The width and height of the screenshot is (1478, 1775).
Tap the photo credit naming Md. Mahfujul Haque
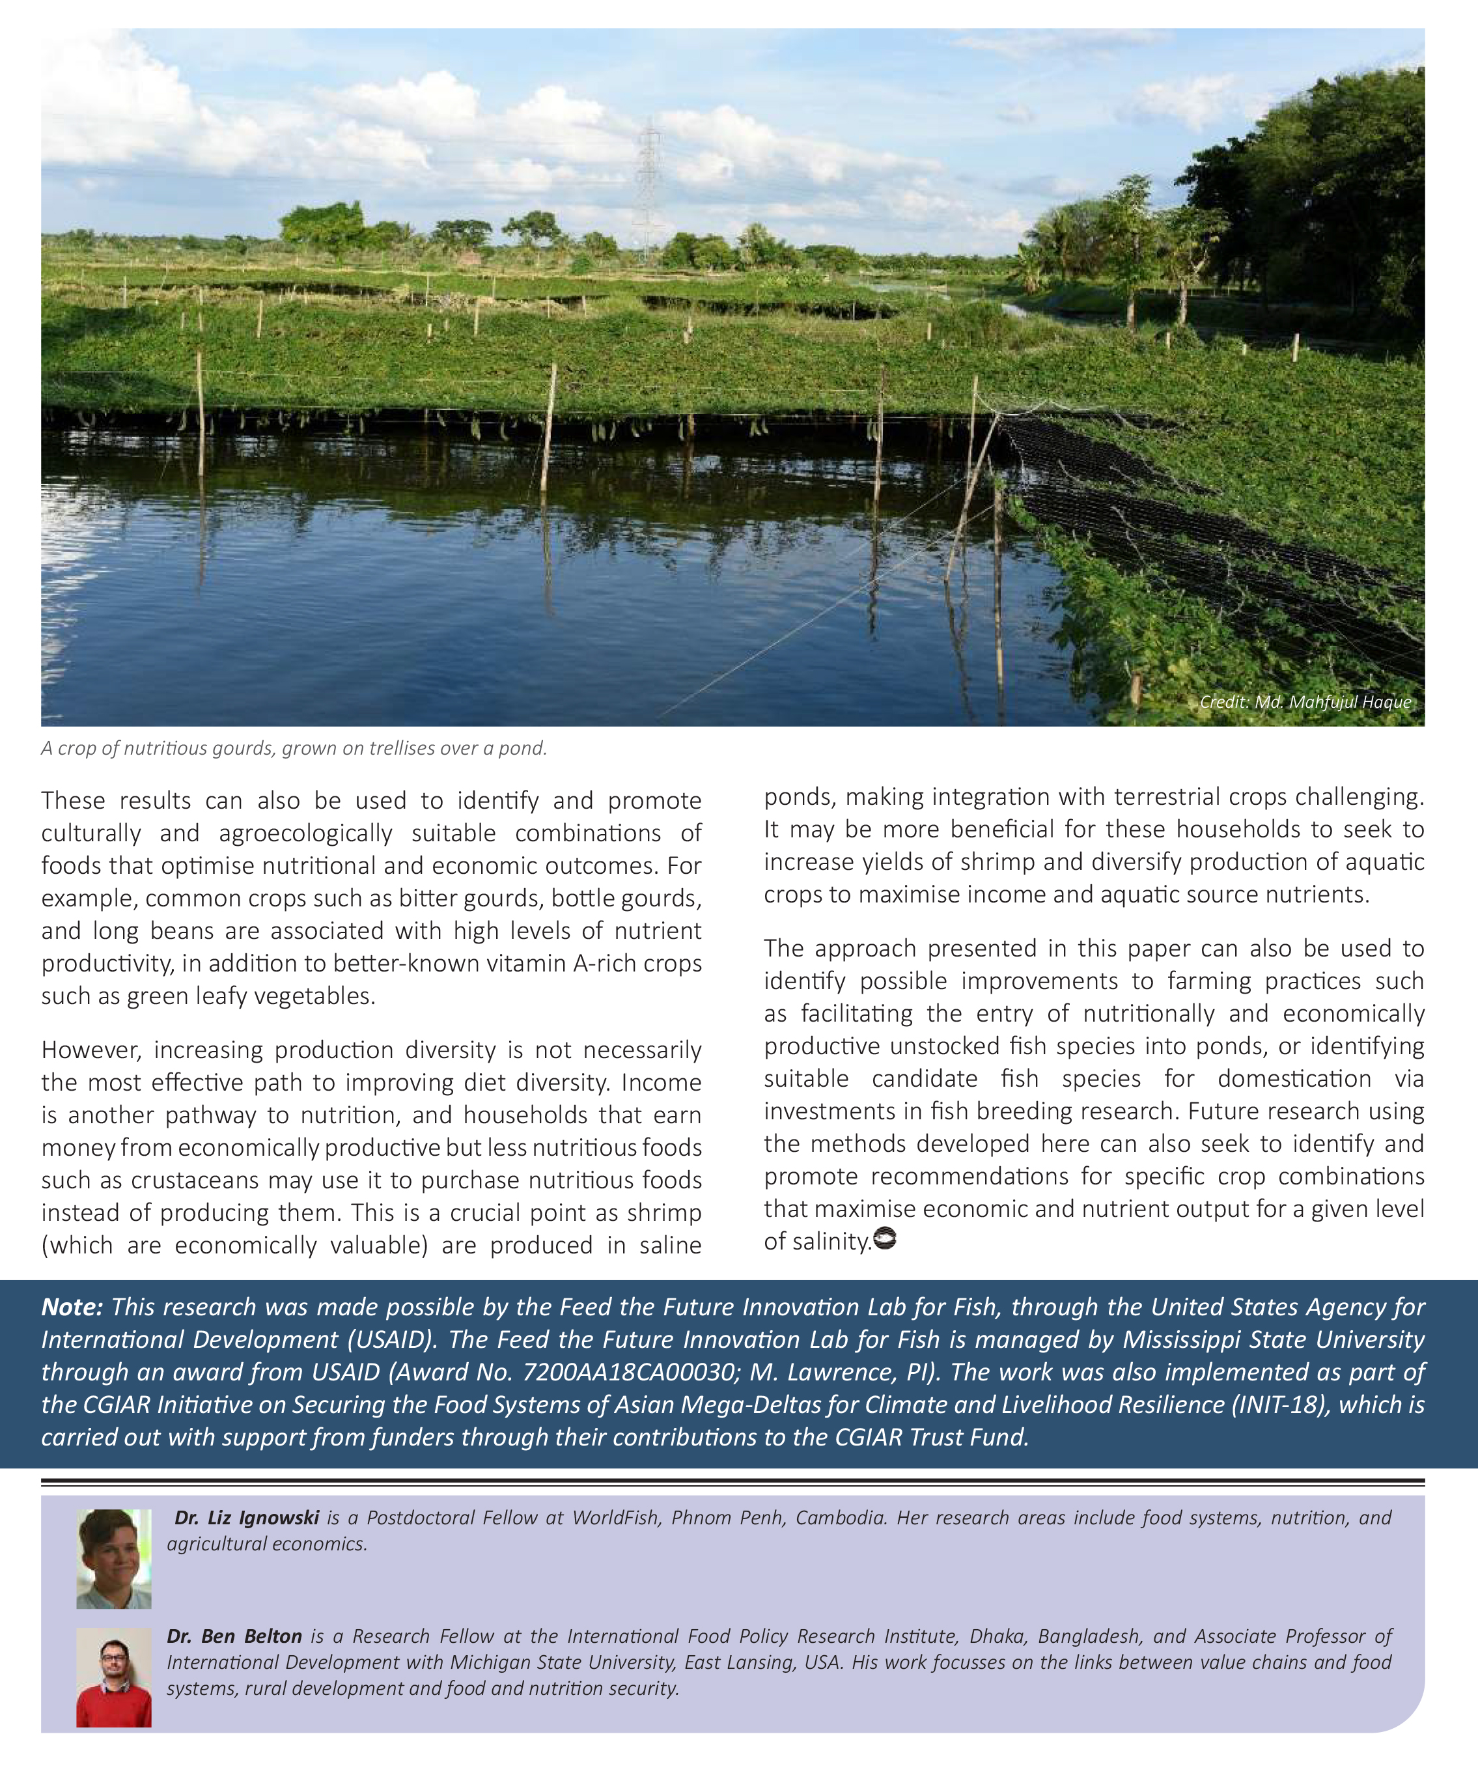coord(1305,701)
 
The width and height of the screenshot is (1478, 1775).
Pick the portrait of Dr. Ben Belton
coord(113,1677)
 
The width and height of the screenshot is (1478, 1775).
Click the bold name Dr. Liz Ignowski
coord(247,1518)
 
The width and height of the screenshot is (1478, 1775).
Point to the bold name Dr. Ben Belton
coord(234,1636)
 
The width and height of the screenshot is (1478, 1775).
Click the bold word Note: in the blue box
coord(72,1307)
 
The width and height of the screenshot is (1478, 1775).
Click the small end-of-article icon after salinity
coord(885,1240)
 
